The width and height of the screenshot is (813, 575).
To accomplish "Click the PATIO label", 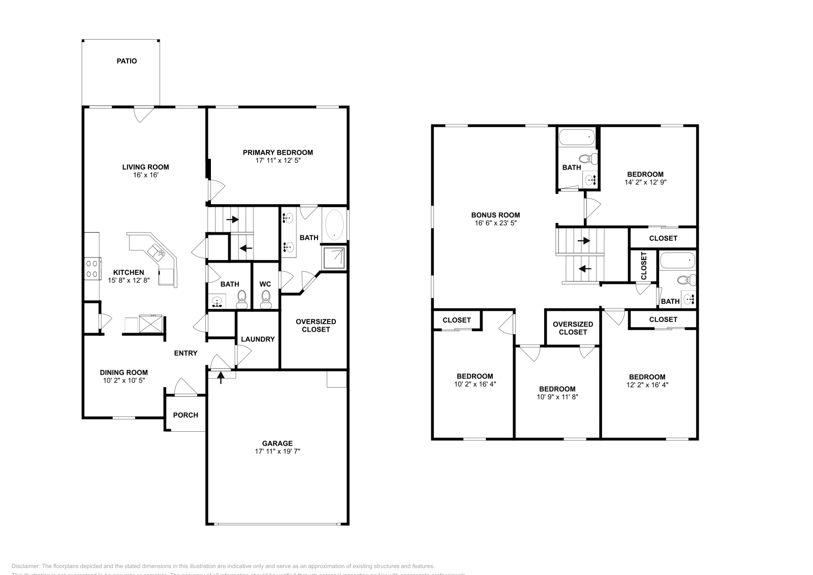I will pos(127,61).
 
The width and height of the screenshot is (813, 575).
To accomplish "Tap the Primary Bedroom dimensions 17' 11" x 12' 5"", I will pos(277,161).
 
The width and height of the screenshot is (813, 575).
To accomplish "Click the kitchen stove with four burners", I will pos(92,268).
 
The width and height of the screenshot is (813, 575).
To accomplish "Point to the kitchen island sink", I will pos(156,250).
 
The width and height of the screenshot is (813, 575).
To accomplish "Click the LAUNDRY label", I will pos(258,339).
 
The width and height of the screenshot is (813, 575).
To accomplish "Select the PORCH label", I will pos(185,415).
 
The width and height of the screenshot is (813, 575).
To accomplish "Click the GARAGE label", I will pos(277,443).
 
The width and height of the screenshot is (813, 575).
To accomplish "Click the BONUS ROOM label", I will pos(495,215).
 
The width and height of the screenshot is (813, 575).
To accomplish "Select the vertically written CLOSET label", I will pos(644,266).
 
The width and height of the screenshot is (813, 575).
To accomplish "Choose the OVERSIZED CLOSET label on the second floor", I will pos(573,328).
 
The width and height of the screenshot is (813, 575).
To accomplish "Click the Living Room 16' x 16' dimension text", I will pos(145,175).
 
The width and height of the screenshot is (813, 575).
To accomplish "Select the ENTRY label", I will pos(185,353).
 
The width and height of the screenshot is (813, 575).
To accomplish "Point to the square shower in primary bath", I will pos(334,258).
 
